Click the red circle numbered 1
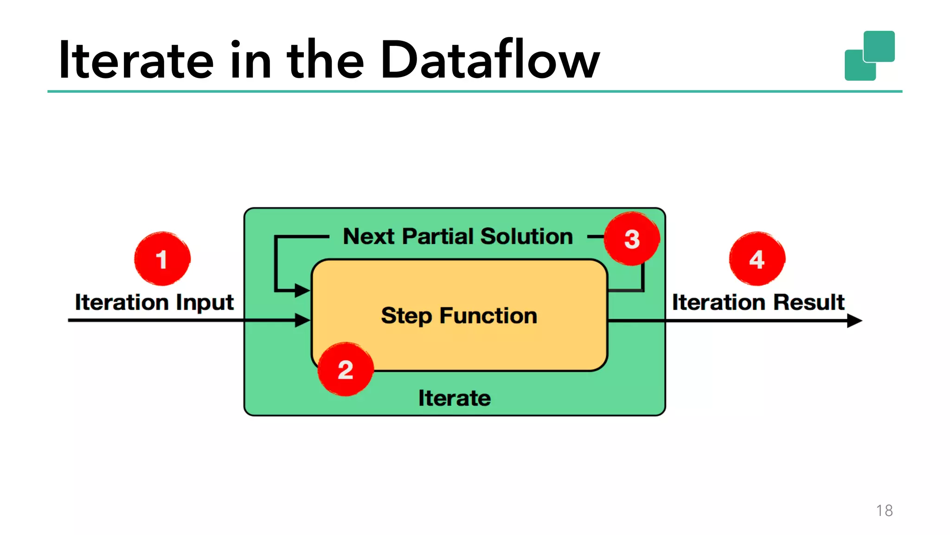[x=162, y=258]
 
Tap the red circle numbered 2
[x=346, y=369]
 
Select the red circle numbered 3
[x=631, y=239]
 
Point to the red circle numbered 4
[x=757, y=258]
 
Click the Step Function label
[x=459, y=316]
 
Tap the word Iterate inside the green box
[x=454, y=398]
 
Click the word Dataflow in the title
[x=490, y=60]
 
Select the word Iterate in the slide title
[x=136, y=60]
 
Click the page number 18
[x=884, y=510]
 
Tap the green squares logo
[x=869, y=56]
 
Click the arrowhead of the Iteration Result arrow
[x=854, y=321]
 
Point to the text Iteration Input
[x=154, y=303]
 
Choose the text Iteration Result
[x=758, y=303]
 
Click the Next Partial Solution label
[x=458, y=236]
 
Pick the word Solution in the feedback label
[x=526, y=236]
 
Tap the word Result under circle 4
[x=809, y=303]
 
